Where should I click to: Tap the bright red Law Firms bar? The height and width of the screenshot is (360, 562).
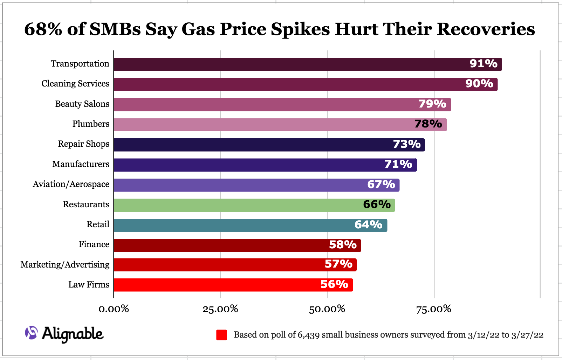point(217,285)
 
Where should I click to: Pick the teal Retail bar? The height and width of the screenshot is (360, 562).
point(231,225)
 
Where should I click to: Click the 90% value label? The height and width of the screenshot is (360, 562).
point(479,84)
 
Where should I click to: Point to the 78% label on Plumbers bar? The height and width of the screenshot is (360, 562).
point(428,124)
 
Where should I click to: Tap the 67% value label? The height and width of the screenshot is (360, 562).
point(381,185)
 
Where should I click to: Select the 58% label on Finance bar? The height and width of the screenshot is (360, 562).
point(342,245)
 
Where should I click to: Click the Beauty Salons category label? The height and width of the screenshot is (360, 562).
point(82,104)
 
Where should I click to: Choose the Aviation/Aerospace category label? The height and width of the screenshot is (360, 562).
point(71,184)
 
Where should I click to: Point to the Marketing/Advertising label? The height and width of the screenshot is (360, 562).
point(65,265)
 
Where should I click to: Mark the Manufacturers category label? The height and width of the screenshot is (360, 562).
point(81,164)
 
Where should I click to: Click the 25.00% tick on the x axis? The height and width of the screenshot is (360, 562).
point(220,309)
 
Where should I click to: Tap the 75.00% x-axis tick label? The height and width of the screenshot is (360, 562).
point(433,309)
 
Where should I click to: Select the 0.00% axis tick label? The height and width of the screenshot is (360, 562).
point(114,309)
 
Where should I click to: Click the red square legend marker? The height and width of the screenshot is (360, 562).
point(221,335)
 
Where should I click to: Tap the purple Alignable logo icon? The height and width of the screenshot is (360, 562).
point(31,333)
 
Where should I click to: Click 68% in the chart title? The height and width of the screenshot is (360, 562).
point(43,29)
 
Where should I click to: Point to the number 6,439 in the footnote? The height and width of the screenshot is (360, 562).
point(308,335)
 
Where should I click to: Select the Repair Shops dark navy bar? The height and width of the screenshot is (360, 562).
point(252,145)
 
